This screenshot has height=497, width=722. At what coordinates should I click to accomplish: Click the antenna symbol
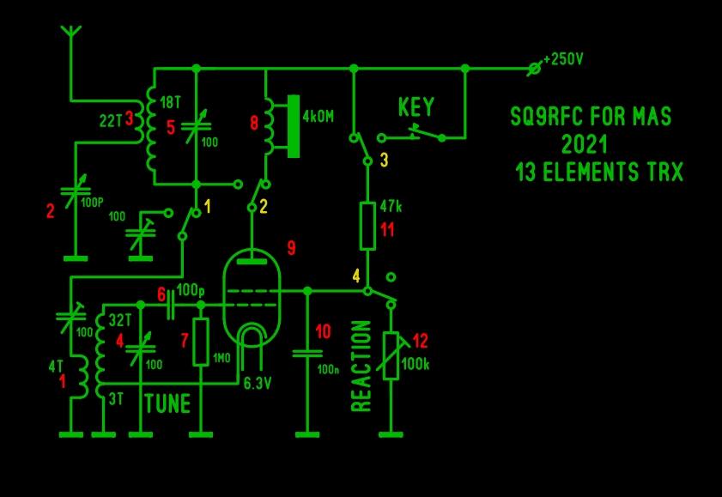[x=72, y=34]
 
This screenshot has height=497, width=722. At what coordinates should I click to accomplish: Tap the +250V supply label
[x=564, y=61]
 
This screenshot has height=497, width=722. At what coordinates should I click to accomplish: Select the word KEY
[x=416, y=108]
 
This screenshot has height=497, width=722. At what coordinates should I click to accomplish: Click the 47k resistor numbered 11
[x=367, y=226]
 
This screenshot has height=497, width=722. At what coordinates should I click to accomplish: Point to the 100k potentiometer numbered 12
[x=391, y=355]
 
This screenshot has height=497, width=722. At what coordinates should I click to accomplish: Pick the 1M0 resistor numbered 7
[x=201, y=342]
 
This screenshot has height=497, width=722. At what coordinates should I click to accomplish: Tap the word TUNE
[x=167, y=403]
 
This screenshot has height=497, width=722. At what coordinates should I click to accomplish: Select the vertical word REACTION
[x=361, y=366]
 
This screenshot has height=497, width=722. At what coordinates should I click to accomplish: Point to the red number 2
[x=50, y=209]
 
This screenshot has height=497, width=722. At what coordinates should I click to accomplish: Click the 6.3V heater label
[x=258, y=383]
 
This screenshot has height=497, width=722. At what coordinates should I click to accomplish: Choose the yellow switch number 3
[x=384, y=160]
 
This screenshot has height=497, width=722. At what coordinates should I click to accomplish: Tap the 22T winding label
[x=111, y=122]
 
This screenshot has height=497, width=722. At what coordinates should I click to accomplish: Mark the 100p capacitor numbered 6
[x=171, y=304]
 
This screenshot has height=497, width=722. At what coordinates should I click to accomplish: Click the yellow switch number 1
[x=208, y=207]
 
